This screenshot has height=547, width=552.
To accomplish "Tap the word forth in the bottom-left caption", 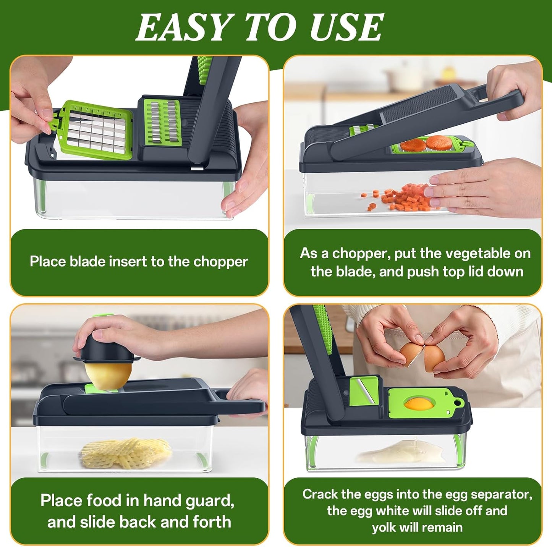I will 212,522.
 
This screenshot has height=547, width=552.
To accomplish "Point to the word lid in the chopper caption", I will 474,272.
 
